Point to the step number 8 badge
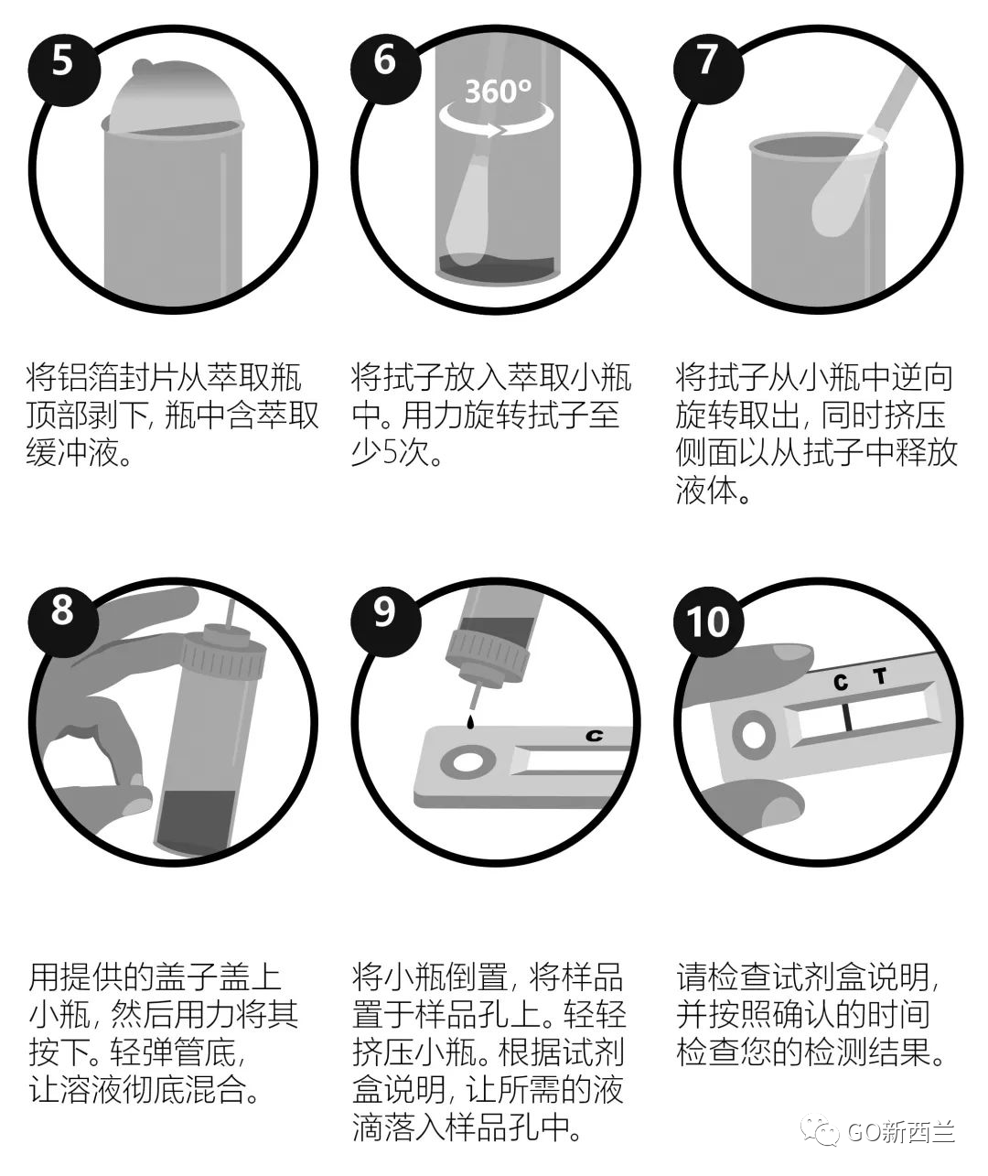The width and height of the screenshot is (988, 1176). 61,609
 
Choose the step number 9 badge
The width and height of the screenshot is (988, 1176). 384,610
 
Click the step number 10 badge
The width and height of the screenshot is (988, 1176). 707,622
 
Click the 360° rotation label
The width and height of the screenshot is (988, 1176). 497,92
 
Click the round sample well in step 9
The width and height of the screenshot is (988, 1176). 466,761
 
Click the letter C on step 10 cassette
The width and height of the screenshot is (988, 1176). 841,682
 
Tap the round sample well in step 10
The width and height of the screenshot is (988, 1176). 755,735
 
